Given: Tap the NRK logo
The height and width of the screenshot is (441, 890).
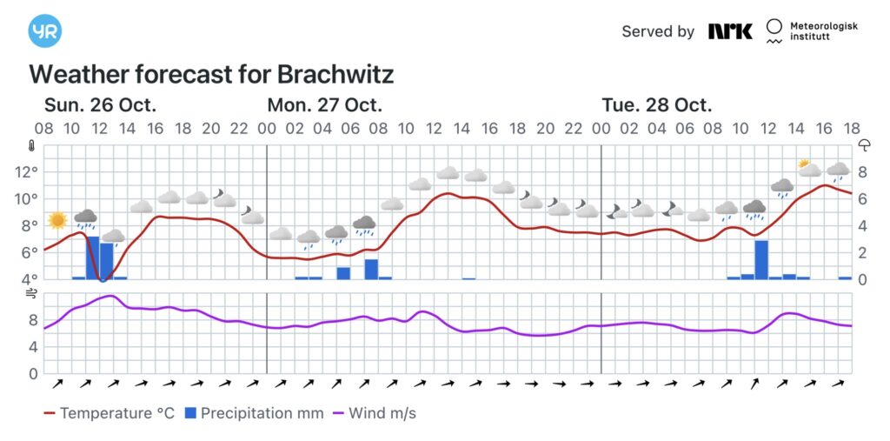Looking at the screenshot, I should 730,31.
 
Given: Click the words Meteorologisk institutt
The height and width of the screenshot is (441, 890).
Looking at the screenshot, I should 822,32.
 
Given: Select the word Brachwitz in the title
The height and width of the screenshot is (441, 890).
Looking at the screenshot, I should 335,74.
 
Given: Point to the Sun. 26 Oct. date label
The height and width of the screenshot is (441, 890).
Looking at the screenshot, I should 100,105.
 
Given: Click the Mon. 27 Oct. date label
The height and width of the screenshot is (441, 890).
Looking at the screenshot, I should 324,105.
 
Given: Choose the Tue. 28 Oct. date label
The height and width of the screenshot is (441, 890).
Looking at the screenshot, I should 656,105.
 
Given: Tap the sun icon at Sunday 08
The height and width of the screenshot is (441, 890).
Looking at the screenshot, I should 57,220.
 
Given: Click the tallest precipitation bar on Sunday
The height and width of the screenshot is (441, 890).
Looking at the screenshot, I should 92,257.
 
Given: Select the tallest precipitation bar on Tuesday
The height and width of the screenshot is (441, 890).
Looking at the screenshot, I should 761,259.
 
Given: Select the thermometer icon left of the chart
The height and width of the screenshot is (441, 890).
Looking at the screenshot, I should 32,146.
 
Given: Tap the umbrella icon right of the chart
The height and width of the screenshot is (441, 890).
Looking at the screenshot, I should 865,145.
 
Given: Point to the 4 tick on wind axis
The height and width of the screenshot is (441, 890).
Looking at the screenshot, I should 33,347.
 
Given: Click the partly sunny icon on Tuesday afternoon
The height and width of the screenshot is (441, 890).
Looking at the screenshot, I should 809,167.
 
